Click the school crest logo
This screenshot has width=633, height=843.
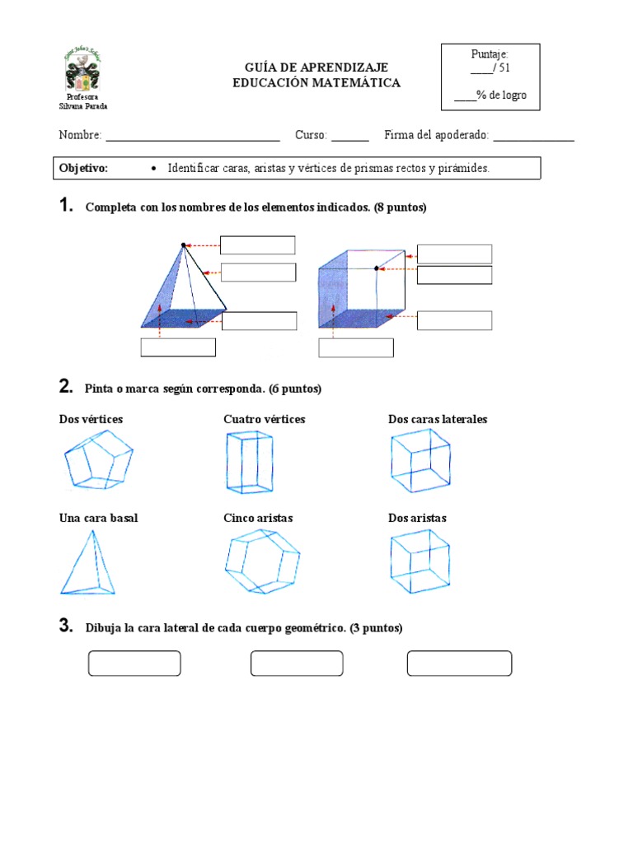click(x=86, y=72)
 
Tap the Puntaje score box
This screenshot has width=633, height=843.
click(x=490, y=77)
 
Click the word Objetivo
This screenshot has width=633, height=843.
click(x=83, y=168)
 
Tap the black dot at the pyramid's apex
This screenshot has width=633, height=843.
click(x=184, y=245)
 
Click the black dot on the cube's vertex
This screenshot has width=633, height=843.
click(x=377, y=268)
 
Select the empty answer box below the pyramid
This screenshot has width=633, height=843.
click(x=178, y=347)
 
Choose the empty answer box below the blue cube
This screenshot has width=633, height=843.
click(x=356, y=347)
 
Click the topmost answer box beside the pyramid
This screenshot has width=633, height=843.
click(x=257, y=245)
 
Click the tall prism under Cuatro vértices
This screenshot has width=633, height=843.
click(x=249, y=462)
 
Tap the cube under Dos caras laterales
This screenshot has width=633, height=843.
click(x=420, y=461)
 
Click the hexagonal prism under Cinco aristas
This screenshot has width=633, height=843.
click(x=262, y=561)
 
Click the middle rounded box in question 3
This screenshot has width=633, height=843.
click(x=297, y=664)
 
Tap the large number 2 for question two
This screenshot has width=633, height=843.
click(x=66, y=386)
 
